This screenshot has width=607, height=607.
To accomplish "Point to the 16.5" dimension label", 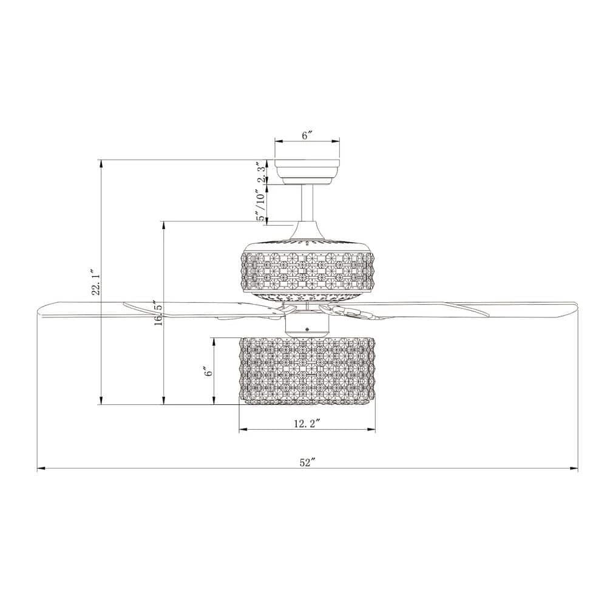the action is pos(158,313).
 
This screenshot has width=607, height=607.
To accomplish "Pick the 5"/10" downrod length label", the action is pos(262,205).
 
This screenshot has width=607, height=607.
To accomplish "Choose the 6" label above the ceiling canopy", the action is pos(307,135).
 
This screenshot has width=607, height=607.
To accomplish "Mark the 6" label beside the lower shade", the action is pos(209,372).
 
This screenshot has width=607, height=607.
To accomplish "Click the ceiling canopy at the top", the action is pos(307,171).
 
